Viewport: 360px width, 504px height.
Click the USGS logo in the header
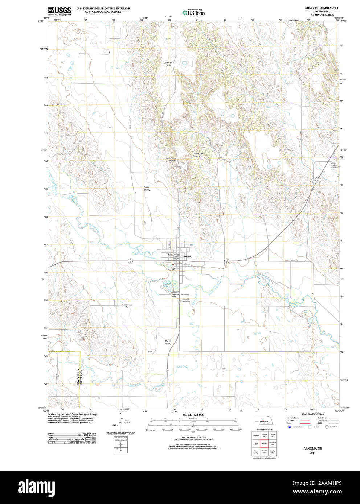click(x=59, y=11)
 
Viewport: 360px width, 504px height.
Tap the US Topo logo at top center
click(x=193, y=12)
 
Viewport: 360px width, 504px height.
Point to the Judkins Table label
click(x=168, y=64)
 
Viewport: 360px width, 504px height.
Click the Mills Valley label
click(x=147, y=189)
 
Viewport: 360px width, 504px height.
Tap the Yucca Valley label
click(x=168, y=342)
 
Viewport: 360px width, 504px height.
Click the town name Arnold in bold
click(x=187, y=257)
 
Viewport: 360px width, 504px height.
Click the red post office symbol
click(x=173, y=265)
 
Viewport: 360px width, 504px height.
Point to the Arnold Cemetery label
click(x=185, y=300)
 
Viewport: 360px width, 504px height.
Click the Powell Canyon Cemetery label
click(x=334, y=165)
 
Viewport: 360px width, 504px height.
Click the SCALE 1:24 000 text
click(x=193, y=414)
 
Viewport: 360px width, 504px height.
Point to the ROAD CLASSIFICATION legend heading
click(x=312, y=414)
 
